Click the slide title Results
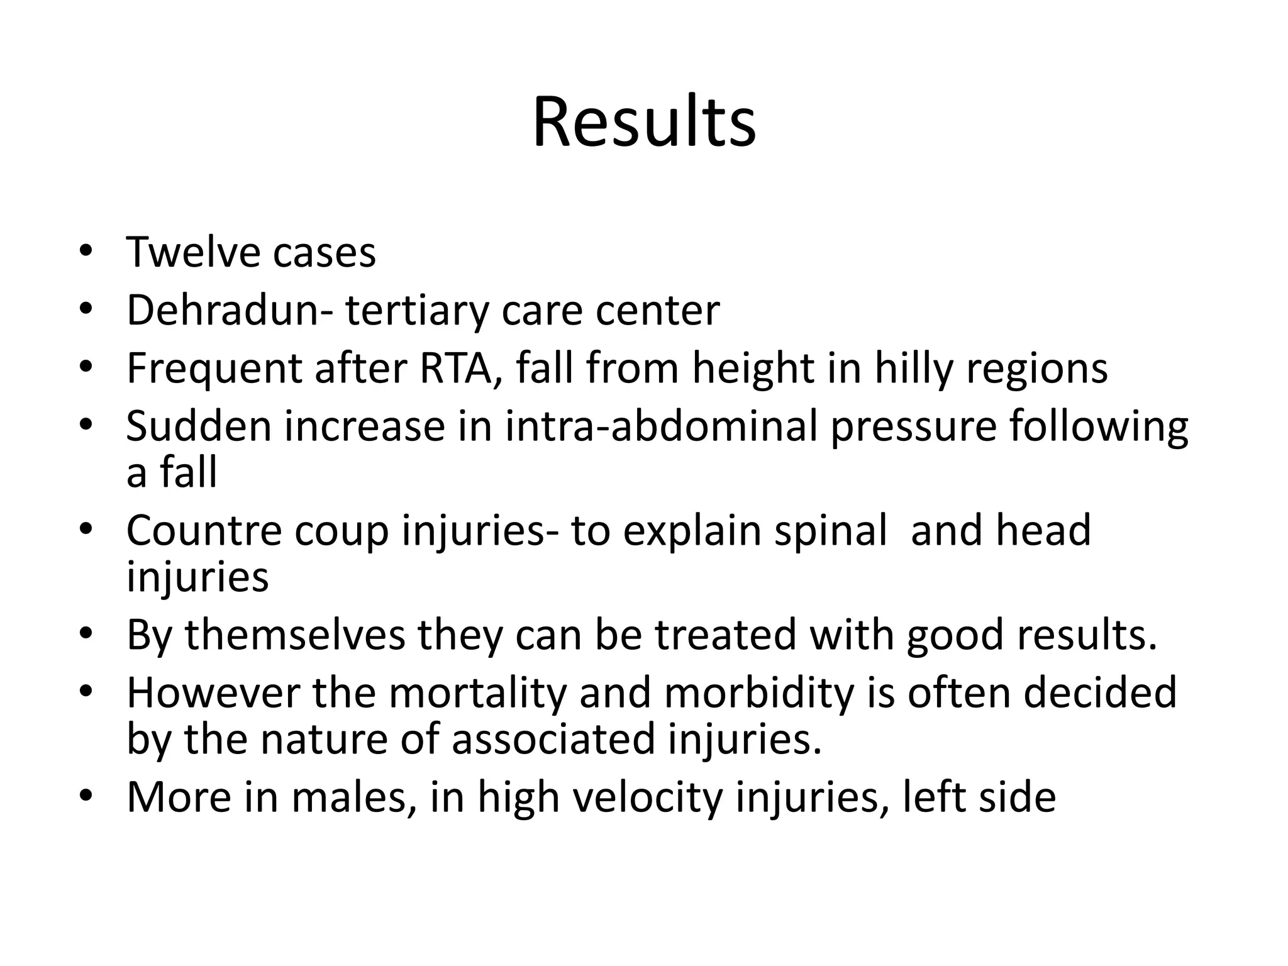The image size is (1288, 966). pyautogui.click(x=644, y=122)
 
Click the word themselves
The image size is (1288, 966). pyautogui.click(x=295, y=635)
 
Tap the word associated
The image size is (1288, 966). pyautogui.click(x=553, y=739)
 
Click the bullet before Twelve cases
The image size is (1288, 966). pyautogui.click(x=86, y=252)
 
